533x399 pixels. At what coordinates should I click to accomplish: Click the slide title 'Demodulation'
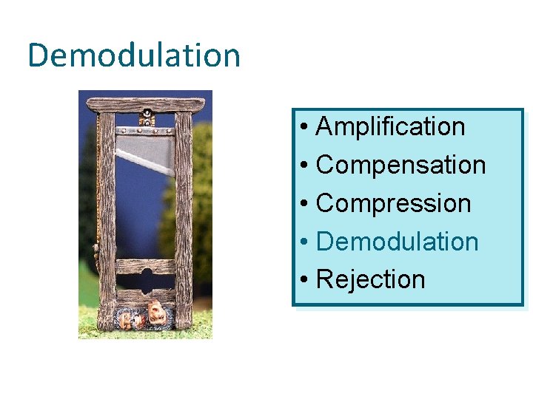(134, 55)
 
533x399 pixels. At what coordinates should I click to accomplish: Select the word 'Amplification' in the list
(390, 127)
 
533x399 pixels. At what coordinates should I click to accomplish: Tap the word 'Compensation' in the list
(400, 166)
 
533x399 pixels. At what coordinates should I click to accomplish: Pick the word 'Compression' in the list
(393, 204)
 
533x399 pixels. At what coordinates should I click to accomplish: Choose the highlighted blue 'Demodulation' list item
(397, 242)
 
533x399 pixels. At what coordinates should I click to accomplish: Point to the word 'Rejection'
(370, 280)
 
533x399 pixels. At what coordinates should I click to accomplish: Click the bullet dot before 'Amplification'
(305, 128)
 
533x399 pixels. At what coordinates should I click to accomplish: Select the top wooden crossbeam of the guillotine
(146, 104)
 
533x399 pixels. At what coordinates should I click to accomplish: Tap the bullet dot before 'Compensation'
(305, 166)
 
